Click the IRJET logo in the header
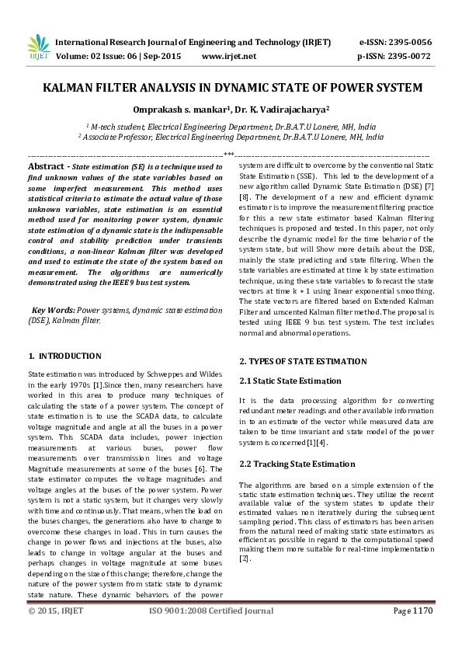click(38, 48)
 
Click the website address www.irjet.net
click(228, 57)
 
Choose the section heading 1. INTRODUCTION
click(64, 356)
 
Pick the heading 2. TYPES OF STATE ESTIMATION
click(303, 361)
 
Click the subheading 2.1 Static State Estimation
click(290, 381)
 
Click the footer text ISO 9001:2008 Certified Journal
click(210, 633)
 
